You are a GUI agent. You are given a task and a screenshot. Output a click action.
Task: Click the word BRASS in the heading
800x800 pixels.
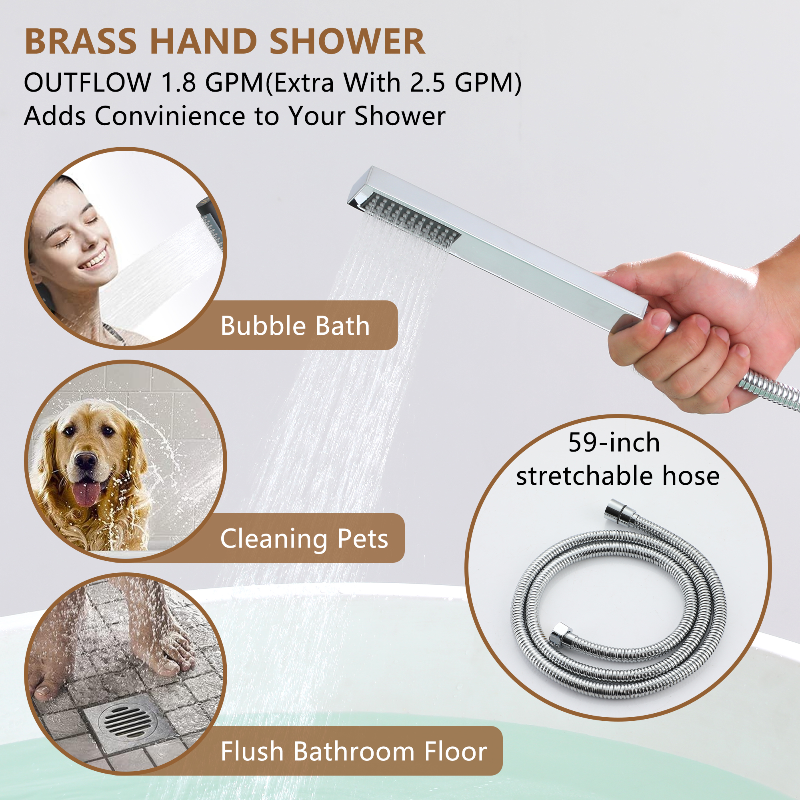click(80, 42)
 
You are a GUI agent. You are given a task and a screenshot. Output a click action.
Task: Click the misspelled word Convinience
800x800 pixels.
click(170, 116)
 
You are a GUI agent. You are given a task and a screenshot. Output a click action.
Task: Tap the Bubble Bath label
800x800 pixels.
click(295, 326)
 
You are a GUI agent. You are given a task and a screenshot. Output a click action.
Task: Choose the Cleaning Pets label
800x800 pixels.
click(304, 539)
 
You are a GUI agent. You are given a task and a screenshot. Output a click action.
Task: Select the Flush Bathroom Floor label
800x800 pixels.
click(354, 751)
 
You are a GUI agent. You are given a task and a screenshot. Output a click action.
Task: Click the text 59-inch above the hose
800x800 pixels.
click(614, 443)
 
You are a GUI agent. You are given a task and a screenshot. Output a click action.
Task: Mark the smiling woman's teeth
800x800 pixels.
click(93, 261)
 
